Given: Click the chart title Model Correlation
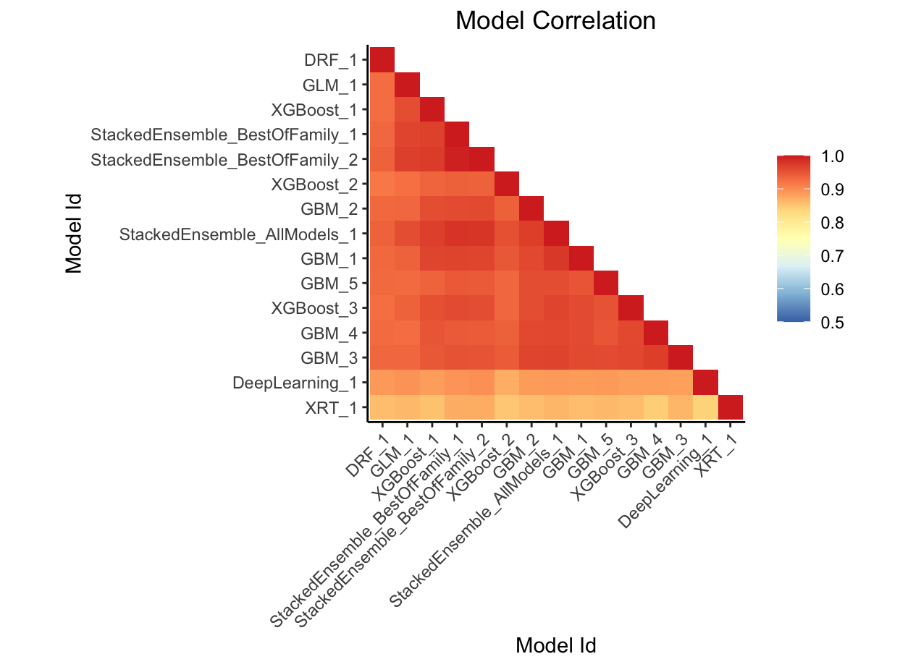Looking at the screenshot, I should (x=555, y=21).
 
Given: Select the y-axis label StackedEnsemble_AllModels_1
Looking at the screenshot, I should (x=238, y=234).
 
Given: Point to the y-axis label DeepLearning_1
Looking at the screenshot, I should (x=295, y=383).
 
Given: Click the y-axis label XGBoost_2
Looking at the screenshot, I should (x=314, y=184).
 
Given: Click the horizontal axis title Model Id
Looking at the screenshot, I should (x=555, y=645).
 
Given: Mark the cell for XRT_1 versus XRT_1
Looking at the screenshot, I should (x=731, y=408).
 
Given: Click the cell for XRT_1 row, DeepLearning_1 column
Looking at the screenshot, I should (x=705, y=408).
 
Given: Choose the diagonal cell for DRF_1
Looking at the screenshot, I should (x=382, y=59).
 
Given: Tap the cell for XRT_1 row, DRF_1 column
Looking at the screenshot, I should (x=382, y=408).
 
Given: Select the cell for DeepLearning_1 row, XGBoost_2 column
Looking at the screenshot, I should (x=506, y=383).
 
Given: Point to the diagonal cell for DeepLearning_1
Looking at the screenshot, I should (x=705, y=383).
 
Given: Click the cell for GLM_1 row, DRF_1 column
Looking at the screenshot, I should (x=382, y=84).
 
